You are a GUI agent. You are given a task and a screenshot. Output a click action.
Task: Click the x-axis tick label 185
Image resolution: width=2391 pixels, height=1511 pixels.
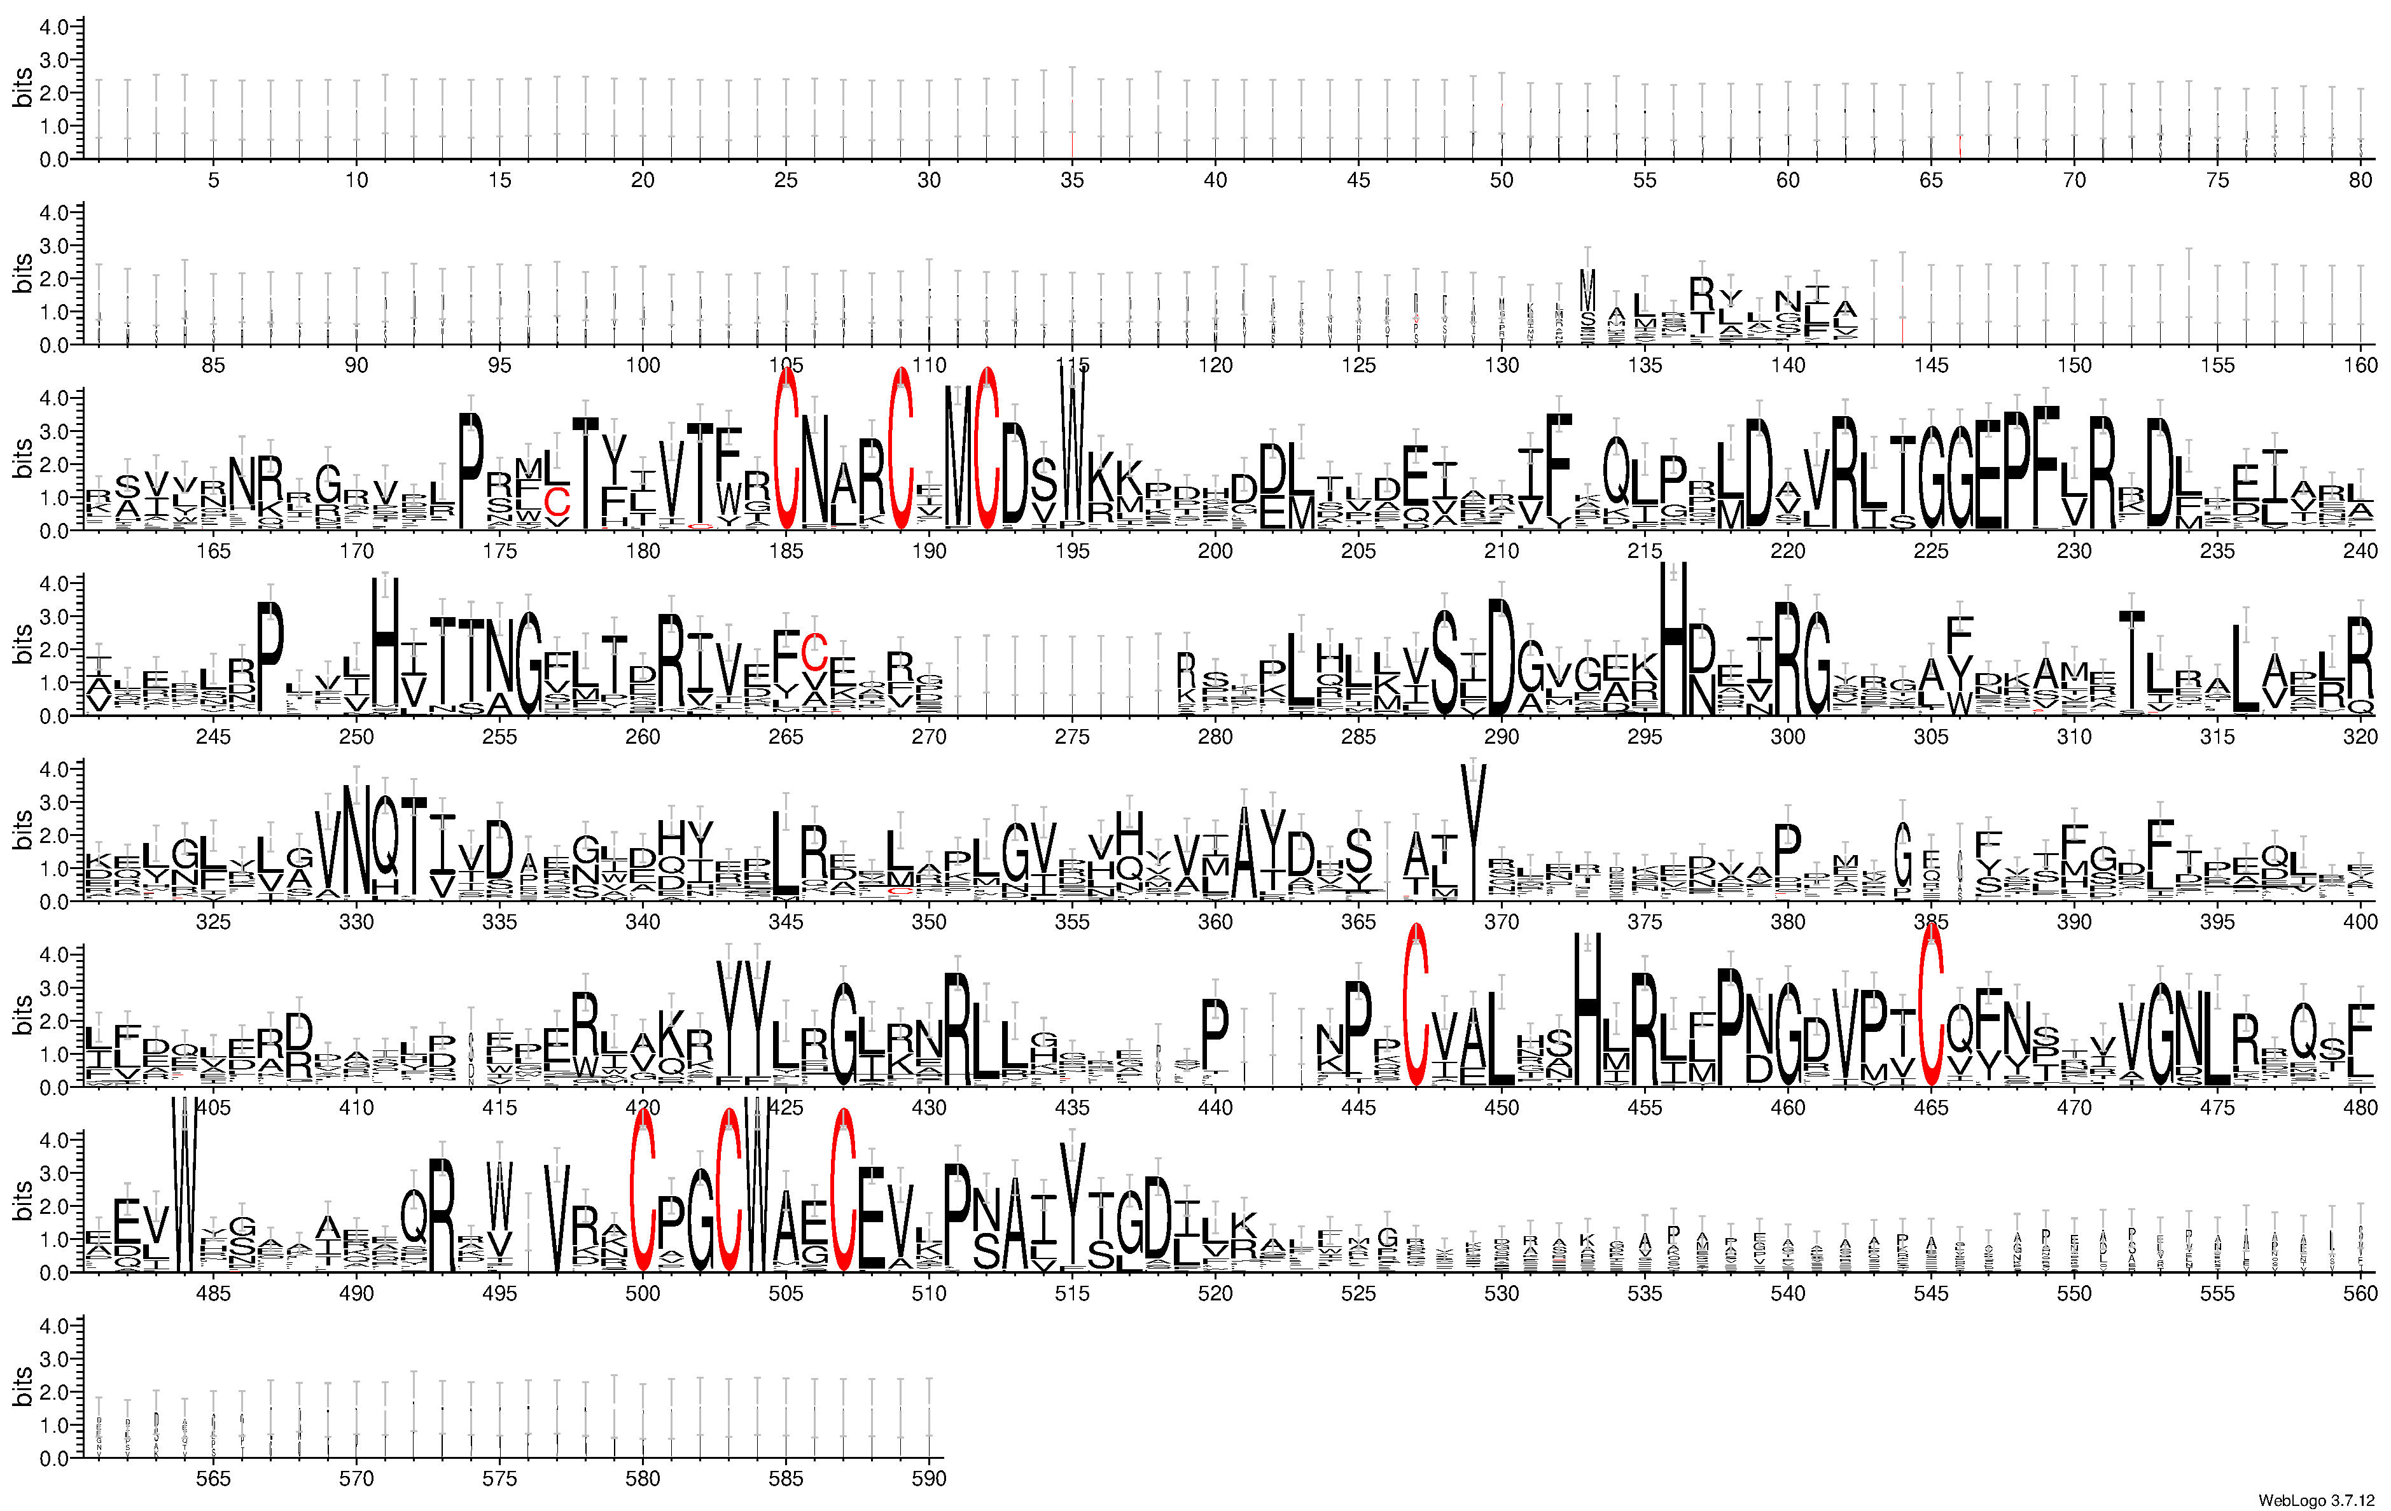785,551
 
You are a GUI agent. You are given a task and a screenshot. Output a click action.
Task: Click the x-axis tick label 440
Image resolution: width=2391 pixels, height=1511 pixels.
1215,1108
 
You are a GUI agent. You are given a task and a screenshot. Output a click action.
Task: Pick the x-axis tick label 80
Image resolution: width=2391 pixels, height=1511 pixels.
2360,179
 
